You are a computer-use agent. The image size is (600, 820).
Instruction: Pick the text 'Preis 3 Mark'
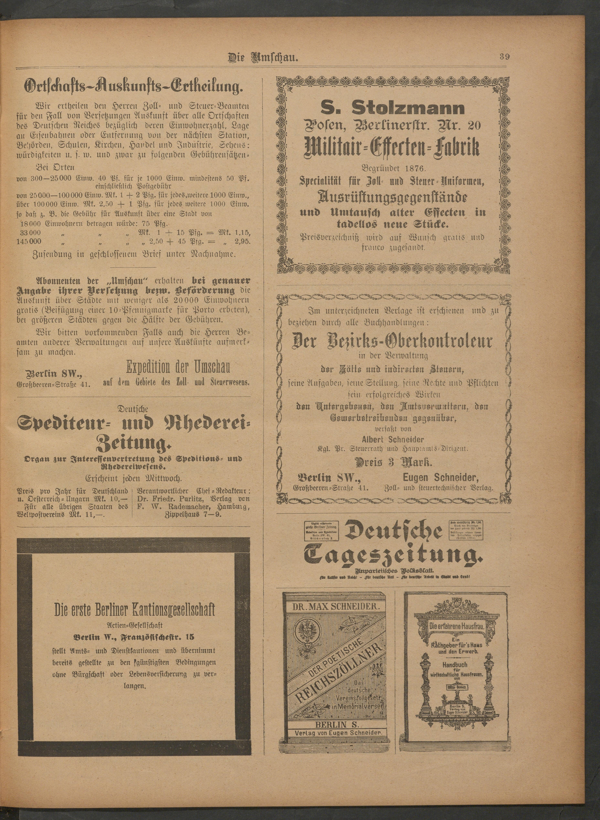pos(393,463)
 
